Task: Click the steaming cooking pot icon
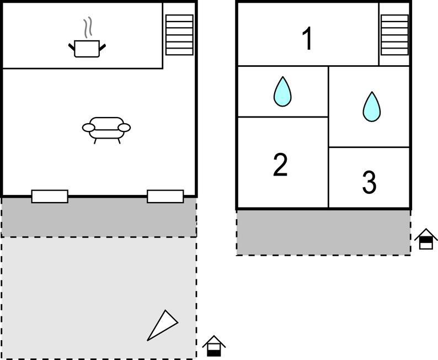pyautogui.click(x=87, y=47)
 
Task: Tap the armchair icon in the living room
pyautogui.click(x=106, y=129)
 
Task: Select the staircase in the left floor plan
pyautogui.click(x=179, y=35)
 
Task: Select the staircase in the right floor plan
pyautogui.click(x=394, y=35)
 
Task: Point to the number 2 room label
pyautogui.click(x=280, y=165)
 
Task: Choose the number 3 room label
pyautogui.click(x=369, y=182)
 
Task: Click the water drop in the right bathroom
pyautogui.click(x=371, y=107)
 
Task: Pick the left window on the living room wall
pyautogui.click(x=50, y=197)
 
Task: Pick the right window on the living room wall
pyautogui.click(x=165, y=197)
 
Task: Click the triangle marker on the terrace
pyautogui.click(x=162, y=325)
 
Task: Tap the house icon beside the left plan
pyautogui.click(x=213, y=346)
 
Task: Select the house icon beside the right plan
pyautogui.click(x=426, y=239)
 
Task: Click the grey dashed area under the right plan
pyautogui.click(x=323, y=232)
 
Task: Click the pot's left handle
pyautogui.click(x=71, y=47)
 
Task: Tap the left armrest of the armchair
pyautogui.click(x=88, y=128)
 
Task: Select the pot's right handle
pyautogui.click(x=103, y=47)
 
